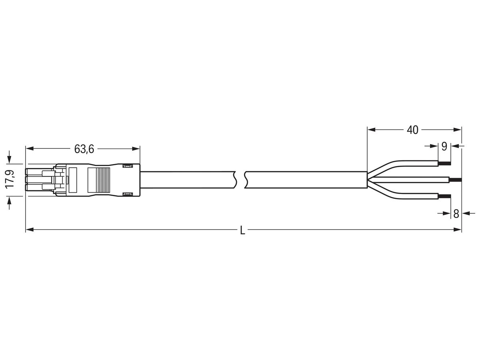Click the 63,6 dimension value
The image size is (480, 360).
[84, 149]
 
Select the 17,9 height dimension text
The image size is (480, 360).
[11, 179]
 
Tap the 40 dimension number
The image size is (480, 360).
[412, 130]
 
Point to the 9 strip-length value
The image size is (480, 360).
[444, 147]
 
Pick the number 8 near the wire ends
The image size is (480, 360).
[456, 214]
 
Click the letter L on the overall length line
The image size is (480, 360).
[242, 230]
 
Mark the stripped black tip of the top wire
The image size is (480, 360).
[444, 163]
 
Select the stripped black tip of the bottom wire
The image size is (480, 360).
[444, 196]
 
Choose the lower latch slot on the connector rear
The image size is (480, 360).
[128, 194]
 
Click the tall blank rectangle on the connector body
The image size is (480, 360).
[73, 180]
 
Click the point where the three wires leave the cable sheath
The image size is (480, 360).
[368, 180]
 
